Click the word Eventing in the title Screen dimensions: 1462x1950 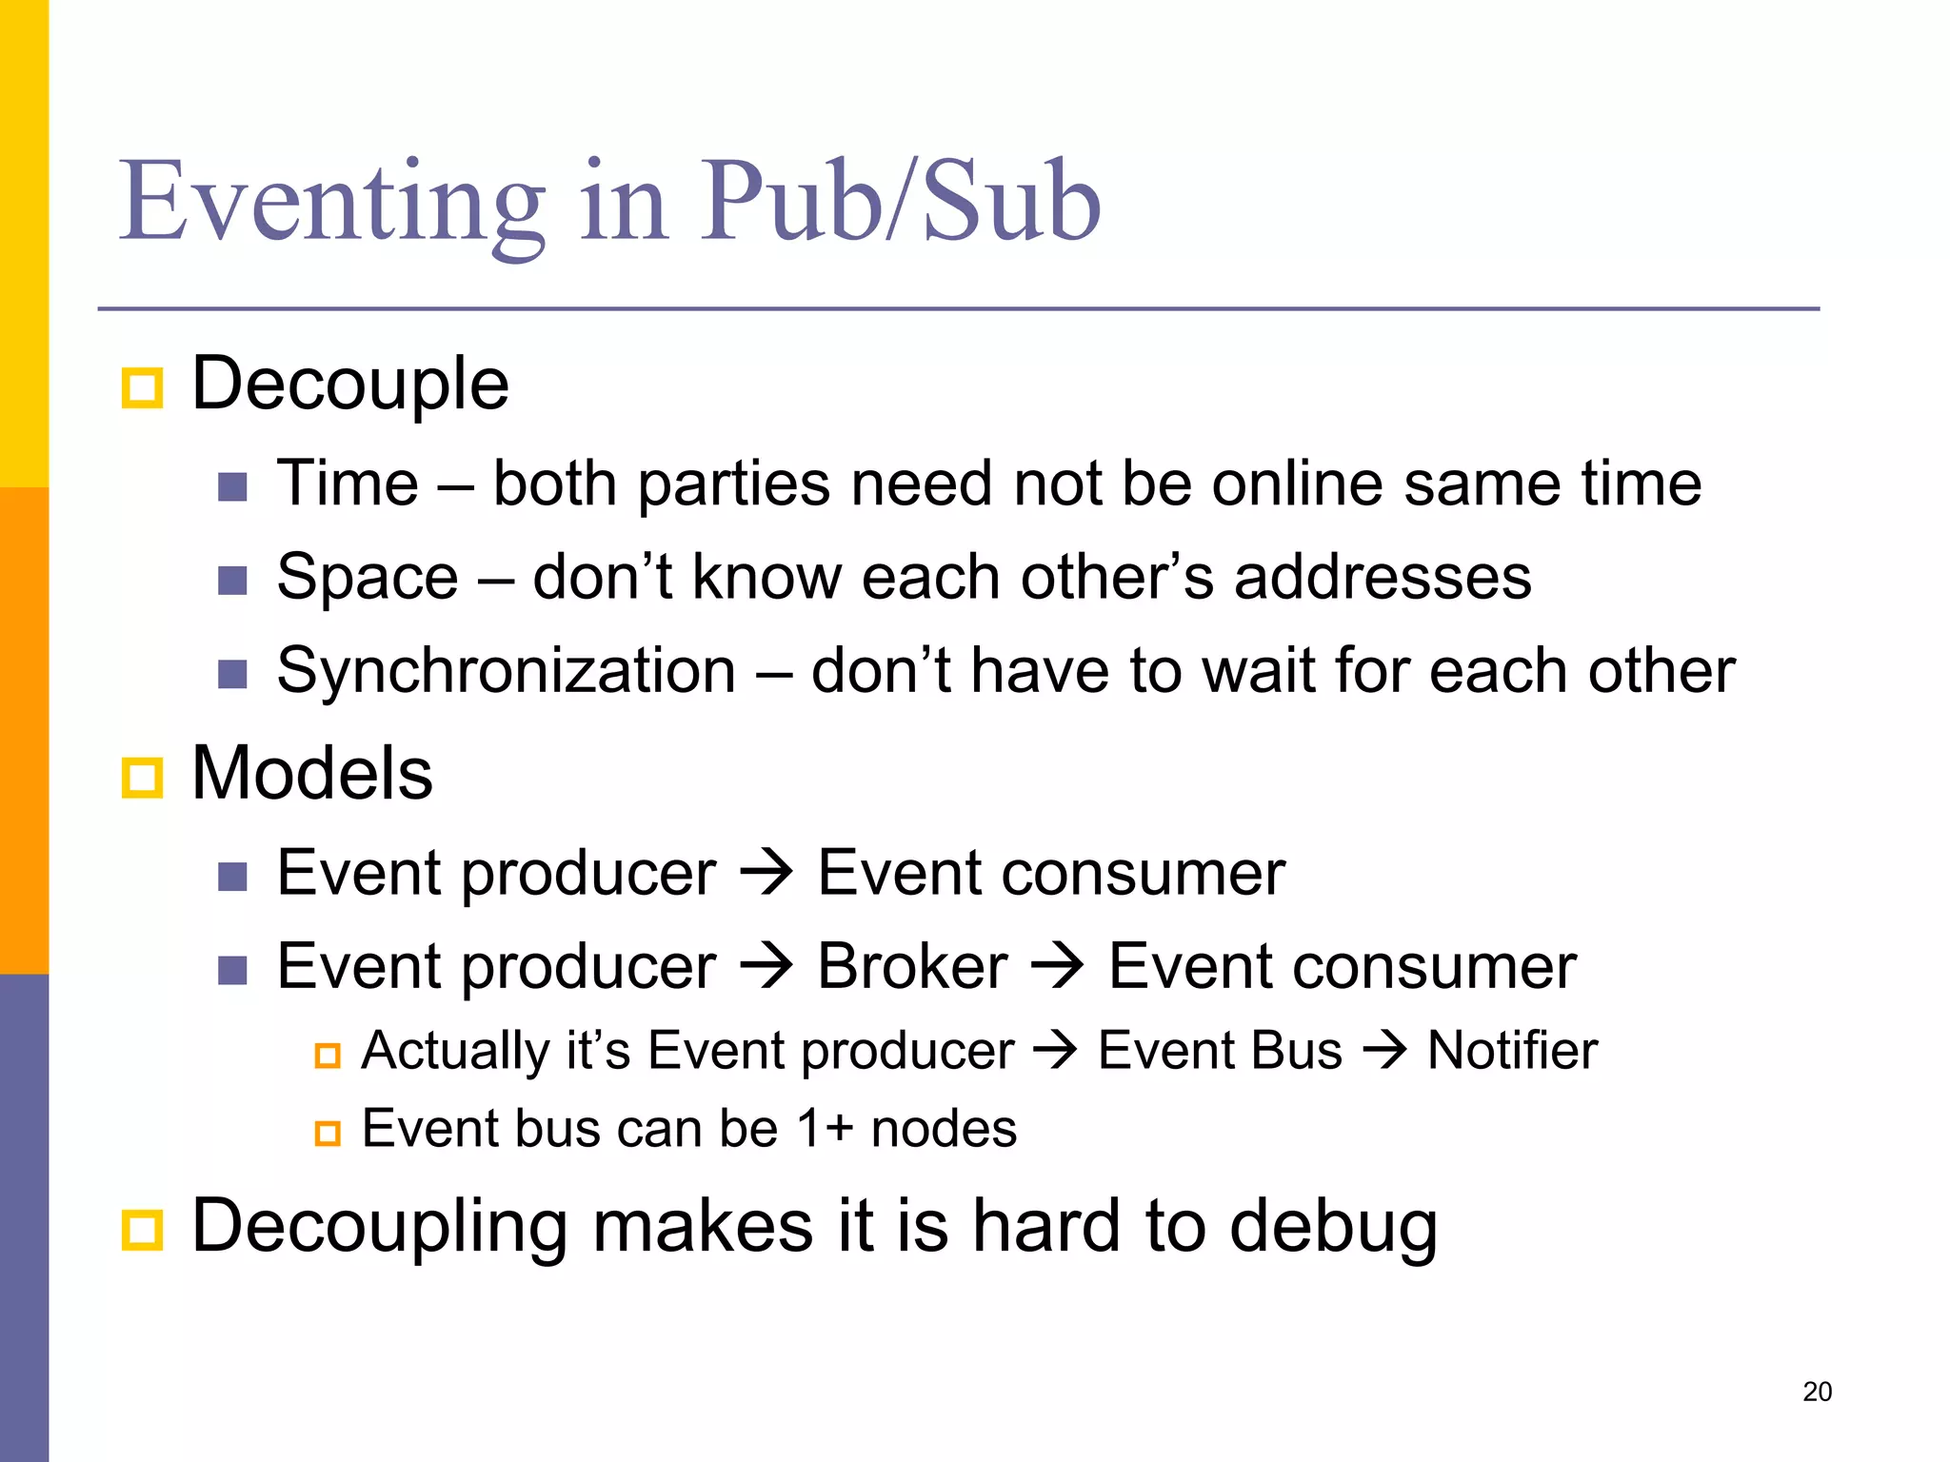(331, 203)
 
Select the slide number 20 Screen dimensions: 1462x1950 (1817, 1392)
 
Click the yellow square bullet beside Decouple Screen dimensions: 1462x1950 (143, 388)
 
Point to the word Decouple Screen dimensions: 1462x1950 (350, 384)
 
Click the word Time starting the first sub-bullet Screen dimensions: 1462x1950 (348, 484)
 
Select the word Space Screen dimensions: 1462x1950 (368, 577)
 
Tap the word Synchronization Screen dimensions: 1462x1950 (507, 671)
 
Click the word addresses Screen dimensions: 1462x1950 (1383, 577)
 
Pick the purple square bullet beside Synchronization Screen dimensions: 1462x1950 (232, 675)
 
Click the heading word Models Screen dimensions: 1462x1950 (312, 773)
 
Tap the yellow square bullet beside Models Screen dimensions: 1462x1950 (143, 778)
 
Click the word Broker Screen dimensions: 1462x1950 (912, 967)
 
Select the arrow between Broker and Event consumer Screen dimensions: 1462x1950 (1058, 965)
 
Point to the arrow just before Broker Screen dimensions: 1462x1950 (766, 965)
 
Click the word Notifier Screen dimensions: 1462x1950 (1512, 1051)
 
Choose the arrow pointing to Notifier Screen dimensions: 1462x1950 (1384, 1051)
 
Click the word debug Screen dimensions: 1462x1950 (1333, 1228)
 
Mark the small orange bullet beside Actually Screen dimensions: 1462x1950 (328, 1056)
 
